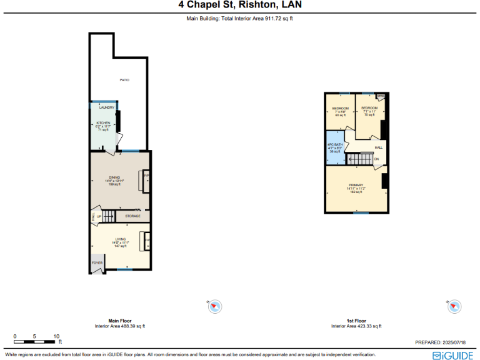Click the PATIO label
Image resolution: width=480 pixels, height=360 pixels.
point(124,80)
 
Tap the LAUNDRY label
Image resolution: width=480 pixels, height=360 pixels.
point(106,107)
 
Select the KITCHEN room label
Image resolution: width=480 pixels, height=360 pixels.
point(103,122)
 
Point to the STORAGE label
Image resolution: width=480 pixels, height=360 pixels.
point(132,216)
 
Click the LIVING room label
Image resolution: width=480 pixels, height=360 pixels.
point(120,239)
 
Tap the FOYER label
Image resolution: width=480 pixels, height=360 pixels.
point(97,263)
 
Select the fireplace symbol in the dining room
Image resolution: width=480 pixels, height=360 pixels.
point(146,177)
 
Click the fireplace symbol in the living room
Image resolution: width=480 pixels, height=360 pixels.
point(147,240)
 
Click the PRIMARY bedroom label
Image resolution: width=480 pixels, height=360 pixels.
point(356,185)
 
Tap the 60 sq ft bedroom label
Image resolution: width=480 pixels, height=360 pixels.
point(340,108)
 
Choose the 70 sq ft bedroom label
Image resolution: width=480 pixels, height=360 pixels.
point(369,108)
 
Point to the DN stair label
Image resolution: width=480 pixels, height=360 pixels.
point(376,159)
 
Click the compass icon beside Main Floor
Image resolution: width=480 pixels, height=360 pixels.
point(215,306)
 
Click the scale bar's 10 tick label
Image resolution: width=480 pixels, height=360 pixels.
point(56,336)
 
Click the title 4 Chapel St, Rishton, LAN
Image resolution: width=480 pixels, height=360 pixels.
point(240,6)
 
